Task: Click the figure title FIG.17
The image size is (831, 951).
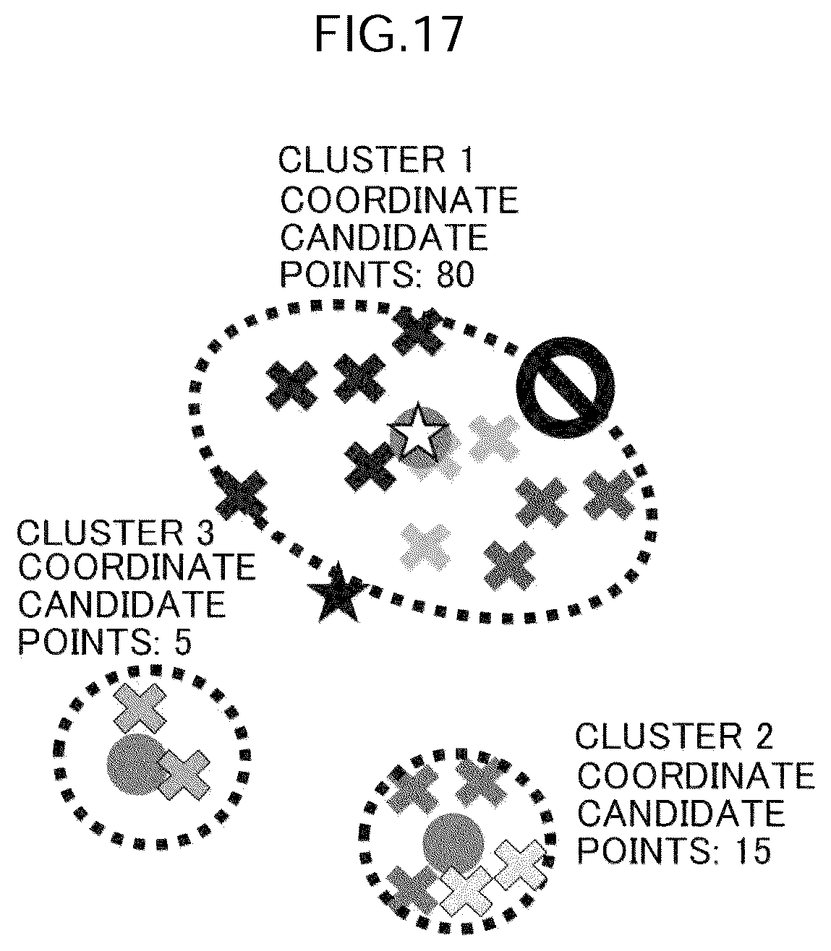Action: (x=389, y=35)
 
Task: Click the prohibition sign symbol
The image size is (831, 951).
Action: (x=565, y=387)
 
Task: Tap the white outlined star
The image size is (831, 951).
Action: (x=417, y=432)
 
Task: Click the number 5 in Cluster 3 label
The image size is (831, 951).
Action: (x=183, y=643)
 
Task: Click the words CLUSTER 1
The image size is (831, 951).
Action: (x=376, y=160)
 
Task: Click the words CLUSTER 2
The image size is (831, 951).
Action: (x=674, y=736)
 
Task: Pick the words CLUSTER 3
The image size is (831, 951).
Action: (x=116, y=533)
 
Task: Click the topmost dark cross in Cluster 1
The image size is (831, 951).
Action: (x=418, y=332)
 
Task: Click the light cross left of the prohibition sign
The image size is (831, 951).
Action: (x=494, y=439)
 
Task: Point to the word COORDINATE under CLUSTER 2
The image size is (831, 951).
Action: (x=696, y=775)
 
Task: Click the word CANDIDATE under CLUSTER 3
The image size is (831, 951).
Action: (x=122, y=604)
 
